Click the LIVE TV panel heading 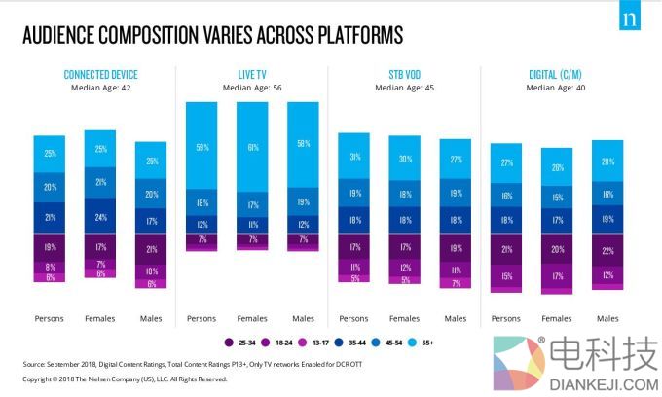coord(252,75)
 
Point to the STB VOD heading coord(403,75)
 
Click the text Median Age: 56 coord(252,87)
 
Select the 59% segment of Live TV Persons coord(202,147)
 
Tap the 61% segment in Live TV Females coord(252,147)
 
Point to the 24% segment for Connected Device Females coord(101,217)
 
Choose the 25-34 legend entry coord(239,341)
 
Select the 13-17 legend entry coord(318,341)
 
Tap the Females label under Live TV coord(252,318)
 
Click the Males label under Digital coord(607,318)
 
